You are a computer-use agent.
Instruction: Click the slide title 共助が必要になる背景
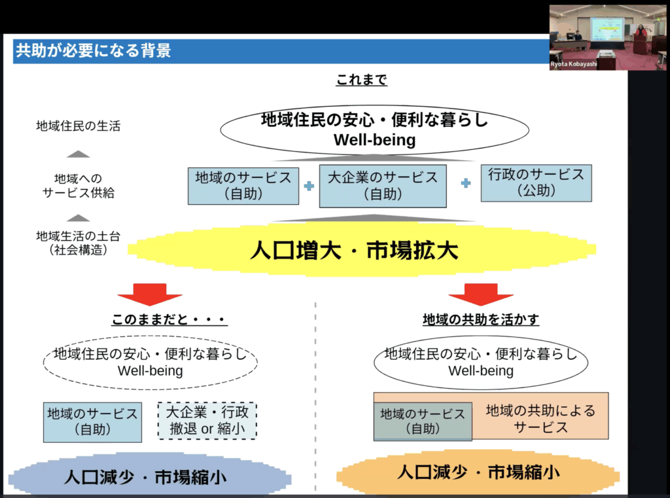[x=93, y=50]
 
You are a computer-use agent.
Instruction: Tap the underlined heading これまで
[x=361, y=79]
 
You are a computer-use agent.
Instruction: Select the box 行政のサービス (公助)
[x=537, y=183]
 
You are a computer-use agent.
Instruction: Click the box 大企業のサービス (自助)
[x=383, y=186]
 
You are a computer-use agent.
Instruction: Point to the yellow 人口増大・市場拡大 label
[x=354, y=250]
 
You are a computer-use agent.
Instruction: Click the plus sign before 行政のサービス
[x=466, y=183]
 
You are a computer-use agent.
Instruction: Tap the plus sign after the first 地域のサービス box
[x=309, y=186]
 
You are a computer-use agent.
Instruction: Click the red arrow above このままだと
[x=150, y=294]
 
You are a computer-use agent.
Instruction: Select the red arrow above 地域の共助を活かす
[x=481, y=294]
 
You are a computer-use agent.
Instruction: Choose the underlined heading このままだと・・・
[x=169, y=319]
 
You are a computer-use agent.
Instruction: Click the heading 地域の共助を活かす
[x=481, y=319]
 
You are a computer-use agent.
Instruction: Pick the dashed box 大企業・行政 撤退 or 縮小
[x=207, y=421]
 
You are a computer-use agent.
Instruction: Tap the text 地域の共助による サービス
[x=540, y=419]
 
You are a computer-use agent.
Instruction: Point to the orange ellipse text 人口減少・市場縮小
[x=478, y=472]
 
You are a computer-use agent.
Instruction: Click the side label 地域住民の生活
[x=79, y=126]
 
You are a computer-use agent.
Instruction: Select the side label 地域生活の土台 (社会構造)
[x=79, y=243]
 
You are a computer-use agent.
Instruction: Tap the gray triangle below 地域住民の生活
[x=79, y=154]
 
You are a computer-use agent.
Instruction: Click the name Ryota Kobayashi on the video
[x=573, y=64]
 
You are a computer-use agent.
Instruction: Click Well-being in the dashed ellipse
[x=150, y=370]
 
